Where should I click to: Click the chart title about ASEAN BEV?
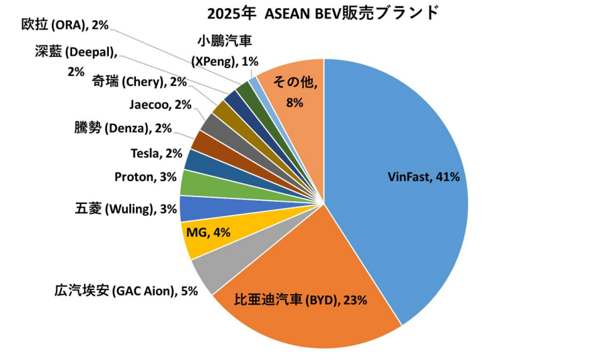pyautogui.click(x=323, y=12)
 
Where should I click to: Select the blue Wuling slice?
pyautogui.click(x=193, y=209)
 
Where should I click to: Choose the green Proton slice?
pyautogui.click(x=194, y=183)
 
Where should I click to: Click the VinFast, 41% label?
pyautogui.click(x=424, y=177)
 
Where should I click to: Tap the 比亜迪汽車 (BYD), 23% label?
pyautogui.click(x=300, y=300)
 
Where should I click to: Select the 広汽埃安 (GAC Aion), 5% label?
pyautogui.click(x=126, y=291)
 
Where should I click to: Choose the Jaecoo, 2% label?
pyautogui.click(x=160, y=104)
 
